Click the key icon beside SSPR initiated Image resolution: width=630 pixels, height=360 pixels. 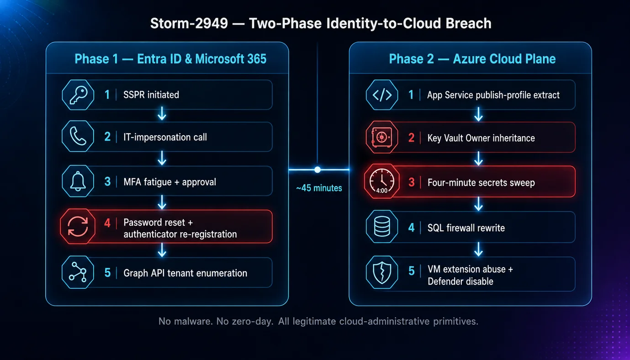(78, 95)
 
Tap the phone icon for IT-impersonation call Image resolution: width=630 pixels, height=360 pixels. (78, 137)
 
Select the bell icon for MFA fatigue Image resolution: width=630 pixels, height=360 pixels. (78, 181)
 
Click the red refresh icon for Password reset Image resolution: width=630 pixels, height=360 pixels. (78, 227)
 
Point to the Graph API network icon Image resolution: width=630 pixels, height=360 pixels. (78, 272)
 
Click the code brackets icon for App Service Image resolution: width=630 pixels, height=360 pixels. (382, 95)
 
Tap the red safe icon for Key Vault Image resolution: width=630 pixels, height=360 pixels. (382, 137)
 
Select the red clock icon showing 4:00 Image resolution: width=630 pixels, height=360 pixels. (381, 181)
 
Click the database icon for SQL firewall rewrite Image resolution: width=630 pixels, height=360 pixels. (382, 227)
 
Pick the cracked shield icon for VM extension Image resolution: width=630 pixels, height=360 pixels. (382, 272)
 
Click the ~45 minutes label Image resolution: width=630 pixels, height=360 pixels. (319, 188)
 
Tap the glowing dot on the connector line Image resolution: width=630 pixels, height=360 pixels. (318, 169)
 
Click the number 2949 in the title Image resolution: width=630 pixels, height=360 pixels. (211, 23)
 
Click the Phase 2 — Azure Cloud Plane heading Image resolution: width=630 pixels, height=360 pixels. (472, 59)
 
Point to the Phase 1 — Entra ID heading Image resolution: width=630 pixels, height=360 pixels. (170, 59)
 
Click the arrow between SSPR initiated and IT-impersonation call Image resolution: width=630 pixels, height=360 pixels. (162, 114)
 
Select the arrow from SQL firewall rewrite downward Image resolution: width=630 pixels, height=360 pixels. (478, 249)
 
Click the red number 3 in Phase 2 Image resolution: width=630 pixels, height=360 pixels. (412, 182)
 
